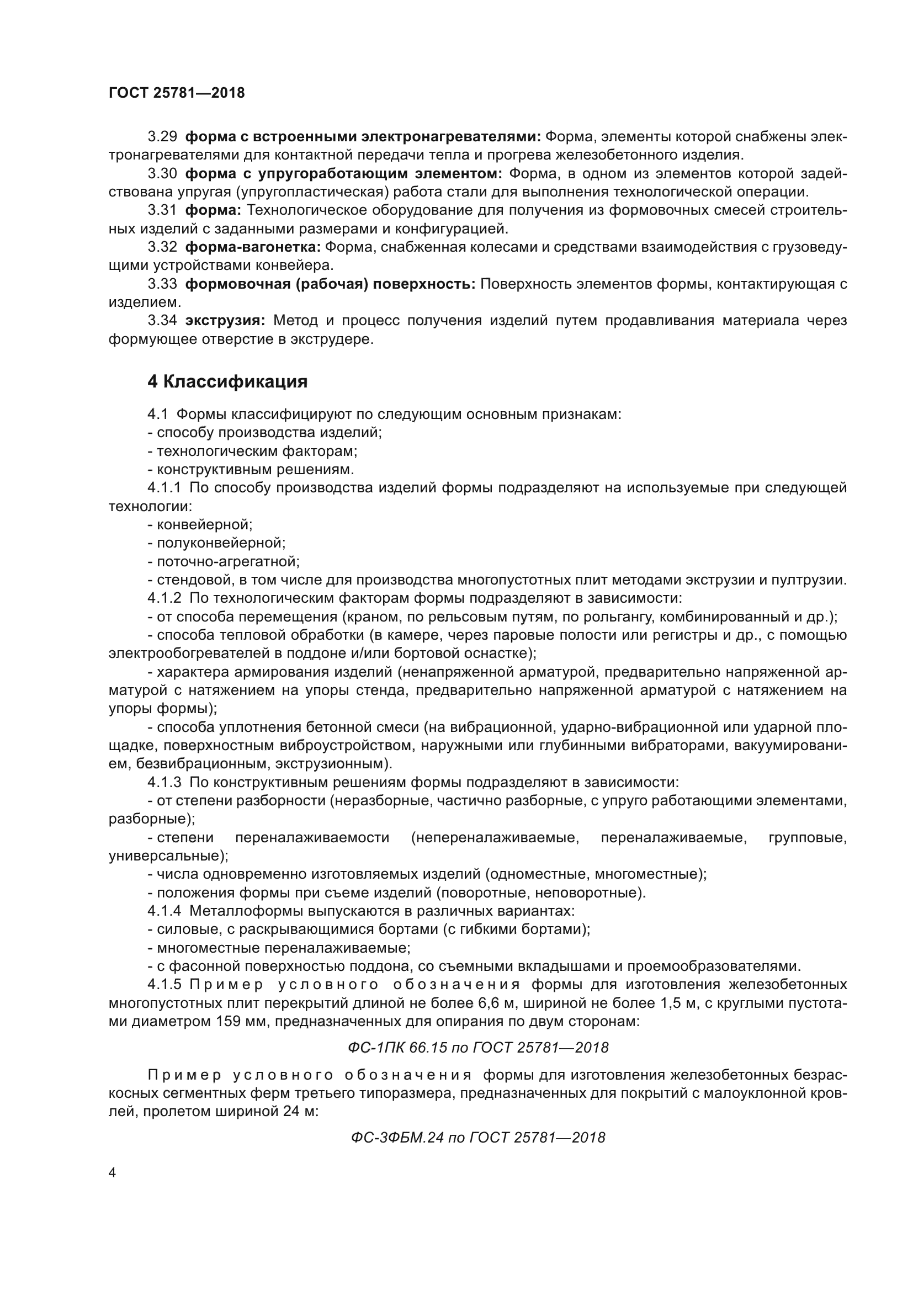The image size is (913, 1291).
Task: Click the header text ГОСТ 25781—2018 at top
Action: click(x=177, y=93)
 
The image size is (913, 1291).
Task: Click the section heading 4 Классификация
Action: click(x=227, y=382)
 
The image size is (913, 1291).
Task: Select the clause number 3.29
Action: click(x=162, y=137)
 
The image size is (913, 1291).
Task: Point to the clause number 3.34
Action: click(x=162, y=321)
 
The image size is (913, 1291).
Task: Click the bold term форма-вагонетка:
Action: click(x=252, y=247)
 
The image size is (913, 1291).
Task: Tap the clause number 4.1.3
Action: click(x=164, y=782)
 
